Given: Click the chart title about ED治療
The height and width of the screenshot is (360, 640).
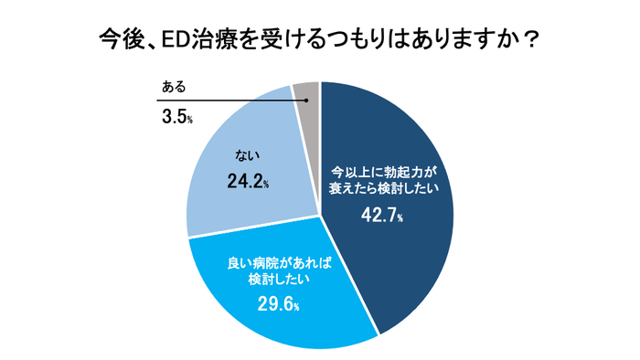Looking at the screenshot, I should (x=319, y=40).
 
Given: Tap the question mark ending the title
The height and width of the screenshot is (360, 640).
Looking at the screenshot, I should (x=531, y=40).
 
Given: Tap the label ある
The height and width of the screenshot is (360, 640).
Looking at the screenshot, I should (x=173, y=87).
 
